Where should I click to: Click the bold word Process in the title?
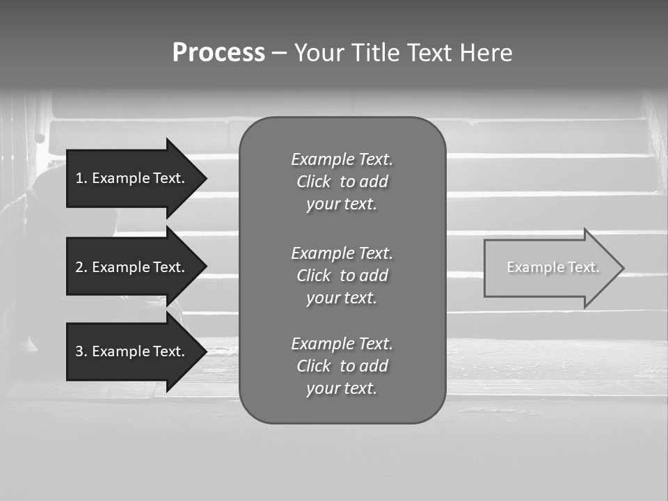218,53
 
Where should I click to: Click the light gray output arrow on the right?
543,268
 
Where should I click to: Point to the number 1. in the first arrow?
81,178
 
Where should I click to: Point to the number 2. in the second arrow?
81,267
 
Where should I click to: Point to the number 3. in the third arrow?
81,351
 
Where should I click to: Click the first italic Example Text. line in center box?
342,159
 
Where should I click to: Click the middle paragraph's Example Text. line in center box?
342,253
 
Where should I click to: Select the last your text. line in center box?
342,389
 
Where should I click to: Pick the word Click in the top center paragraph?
313,182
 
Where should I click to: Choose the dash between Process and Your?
279,53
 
